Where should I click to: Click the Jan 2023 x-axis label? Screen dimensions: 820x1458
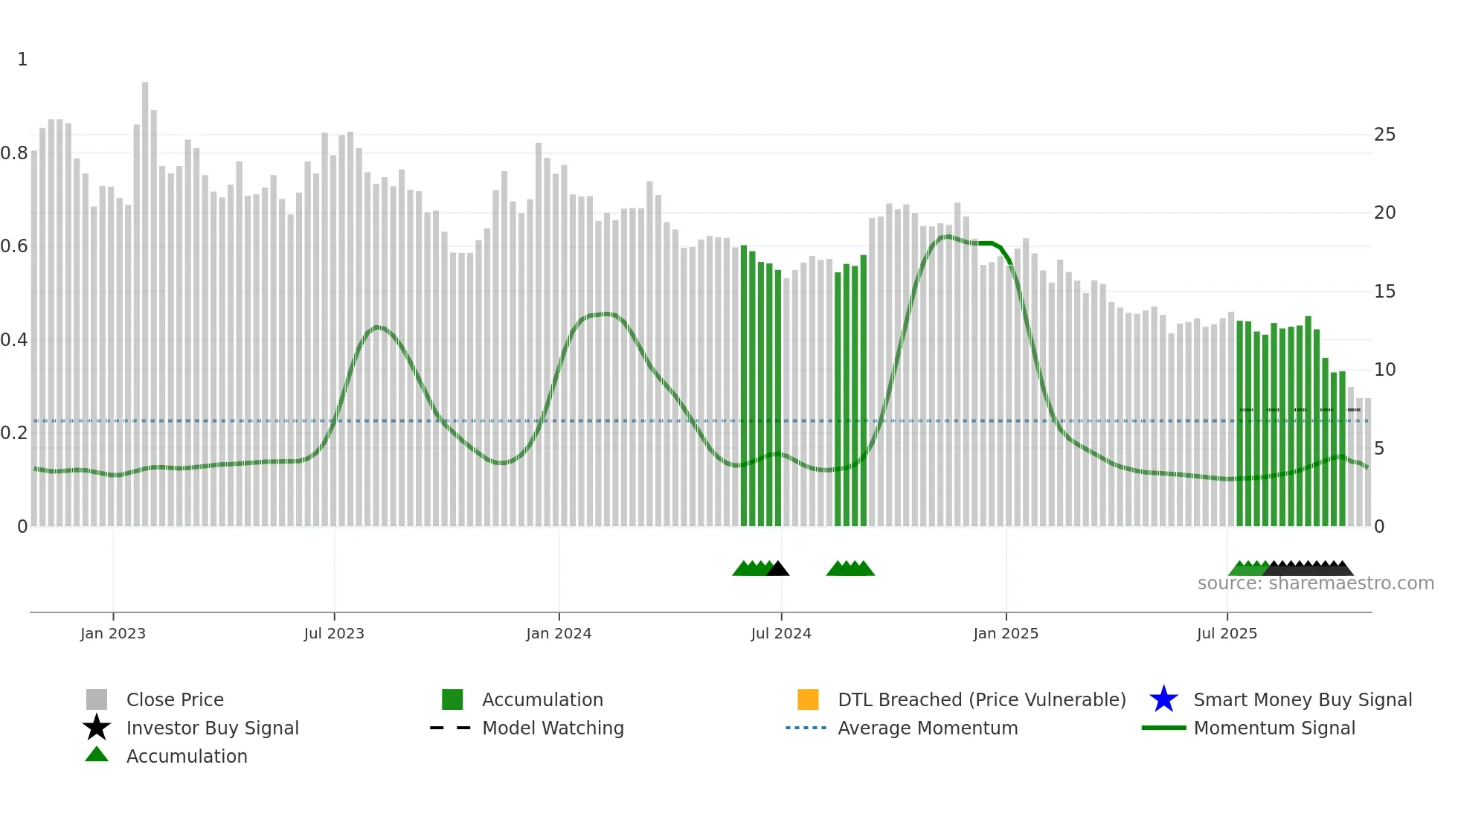pos(113,633)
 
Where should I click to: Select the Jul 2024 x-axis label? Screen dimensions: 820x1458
pos(781,633)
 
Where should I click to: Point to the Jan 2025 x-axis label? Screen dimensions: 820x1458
pos(1006,633)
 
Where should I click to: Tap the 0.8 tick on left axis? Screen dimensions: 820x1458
pos(14,153)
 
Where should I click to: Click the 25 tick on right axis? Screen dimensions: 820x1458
pos(1384,135)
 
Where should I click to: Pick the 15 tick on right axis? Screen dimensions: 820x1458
pos(1384,292)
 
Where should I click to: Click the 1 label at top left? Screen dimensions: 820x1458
pos(22,60)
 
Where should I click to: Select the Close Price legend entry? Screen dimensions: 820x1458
pos(175,699)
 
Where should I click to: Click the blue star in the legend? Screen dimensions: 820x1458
pos(1163,699)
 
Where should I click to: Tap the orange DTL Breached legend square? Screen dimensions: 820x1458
pos(808,699)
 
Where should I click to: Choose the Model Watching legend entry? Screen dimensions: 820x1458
pos(553,728)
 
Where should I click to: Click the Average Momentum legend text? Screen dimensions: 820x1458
pos(928,728)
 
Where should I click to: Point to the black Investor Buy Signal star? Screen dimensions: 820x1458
pos(97,728)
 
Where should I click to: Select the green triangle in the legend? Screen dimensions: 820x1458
pos(97,755)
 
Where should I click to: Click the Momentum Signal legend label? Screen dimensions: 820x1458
pos(1274,728)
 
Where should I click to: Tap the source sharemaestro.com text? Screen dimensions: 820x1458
pos(1315,583)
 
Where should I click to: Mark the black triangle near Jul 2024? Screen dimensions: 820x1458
pos(777,569)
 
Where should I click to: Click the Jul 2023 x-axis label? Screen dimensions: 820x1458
pos(334,633)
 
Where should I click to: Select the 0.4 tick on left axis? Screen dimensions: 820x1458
pos(14,340)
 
